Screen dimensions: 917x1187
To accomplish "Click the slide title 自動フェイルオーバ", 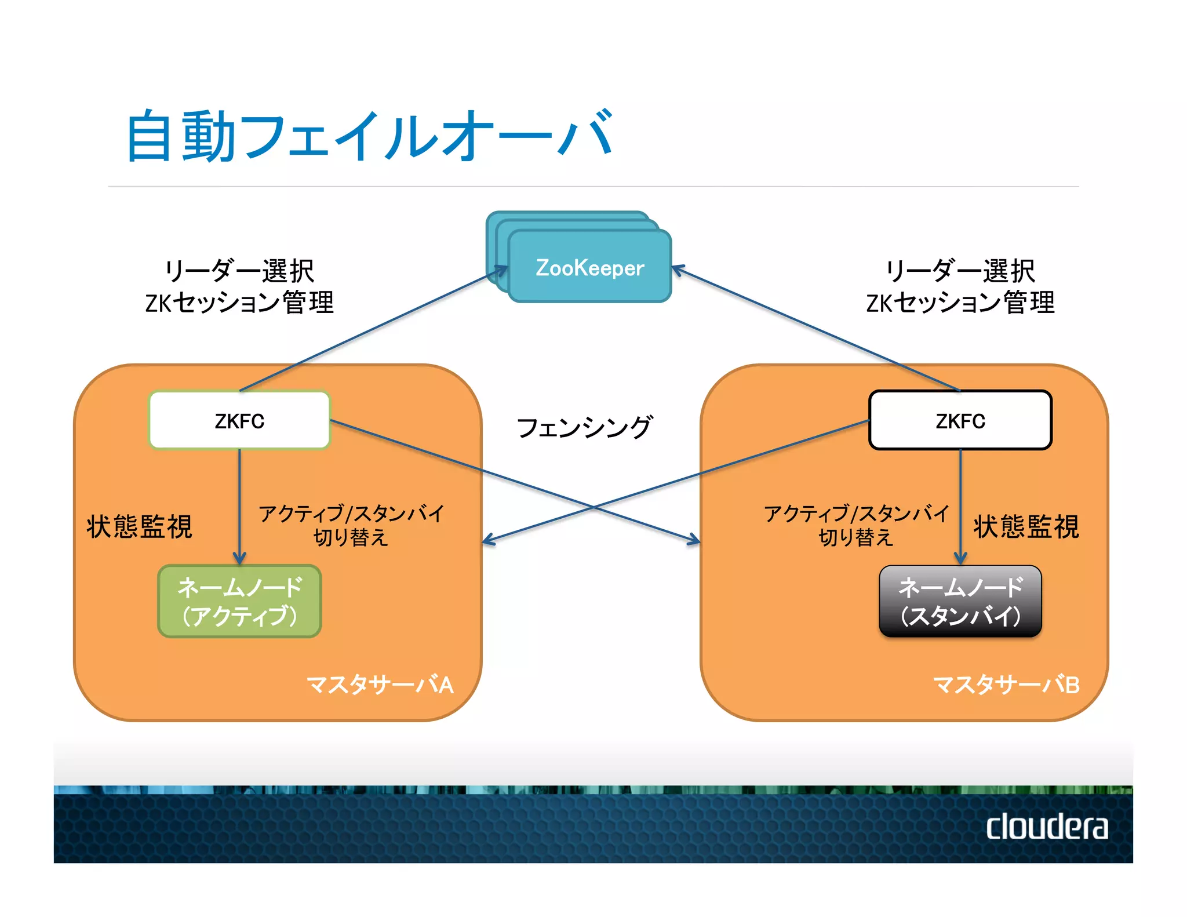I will point(369,136).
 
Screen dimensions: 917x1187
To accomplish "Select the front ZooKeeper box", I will point(589,267).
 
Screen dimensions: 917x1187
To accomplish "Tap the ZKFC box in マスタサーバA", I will point(239,420).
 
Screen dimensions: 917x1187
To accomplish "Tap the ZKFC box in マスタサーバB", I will point(960,420).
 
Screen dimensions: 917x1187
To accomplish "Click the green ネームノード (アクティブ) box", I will point(239,601).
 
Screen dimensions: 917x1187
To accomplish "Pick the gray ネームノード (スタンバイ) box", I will point(960,601).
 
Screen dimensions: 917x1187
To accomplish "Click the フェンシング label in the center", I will point(584,427).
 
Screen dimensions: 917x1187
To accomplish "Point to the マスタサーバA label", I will point(380,685).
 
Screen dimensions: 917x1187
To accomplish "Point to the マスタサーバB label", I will point(1006,685).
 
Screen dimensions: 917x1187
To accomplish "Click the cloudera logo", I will point(1047,827).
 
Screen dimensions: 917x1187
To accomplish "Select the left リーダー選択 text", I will point(239,271).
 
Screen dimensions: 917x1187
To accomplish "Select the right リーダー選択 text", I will point(960,271).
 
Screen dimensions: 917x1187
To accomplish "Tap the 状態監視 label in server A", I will point(139,526).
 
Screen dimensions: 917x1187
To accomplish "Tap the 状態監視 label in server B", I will point(1026,526).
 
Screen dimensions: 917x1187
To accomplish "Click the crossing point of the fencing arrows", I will point(592,507).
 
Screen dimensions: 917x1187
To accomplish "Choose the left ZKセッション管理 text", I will point(239,303).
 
